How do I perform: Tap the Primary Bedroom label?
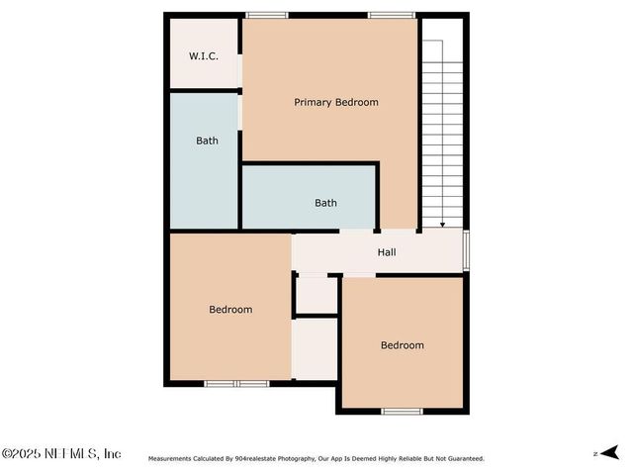pos(335,102)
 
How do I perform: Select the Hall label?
pos(387,252)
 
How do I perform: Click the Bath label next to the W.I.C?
pos(207,141)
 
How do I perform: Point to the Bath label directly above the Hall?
pos(325,203)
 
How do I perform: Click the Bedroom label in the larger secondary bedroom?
pos(230,310)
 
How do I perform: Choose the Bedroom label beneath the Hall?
pos(403,345)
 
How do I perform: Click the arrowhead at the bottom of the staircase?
pos(442,225)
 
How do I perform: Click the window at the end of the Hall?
pos(466,251)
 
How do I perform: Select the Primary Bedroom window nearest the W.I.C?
pos(267,15)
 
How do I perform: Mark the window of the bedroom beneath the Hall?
pos(403,411)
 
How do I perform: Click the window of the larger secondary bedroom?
pos(236,383)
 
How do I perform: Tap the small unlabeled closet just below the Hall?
pos(316,295)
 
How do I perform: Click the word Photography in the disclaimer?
pos(295,458)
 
